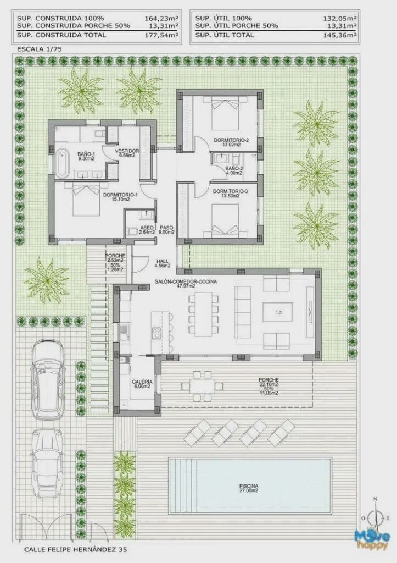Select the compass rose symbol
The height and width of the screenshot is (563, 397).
coord(375,517)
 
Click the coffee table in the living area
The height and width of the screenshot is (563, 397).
coord(278,313)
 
